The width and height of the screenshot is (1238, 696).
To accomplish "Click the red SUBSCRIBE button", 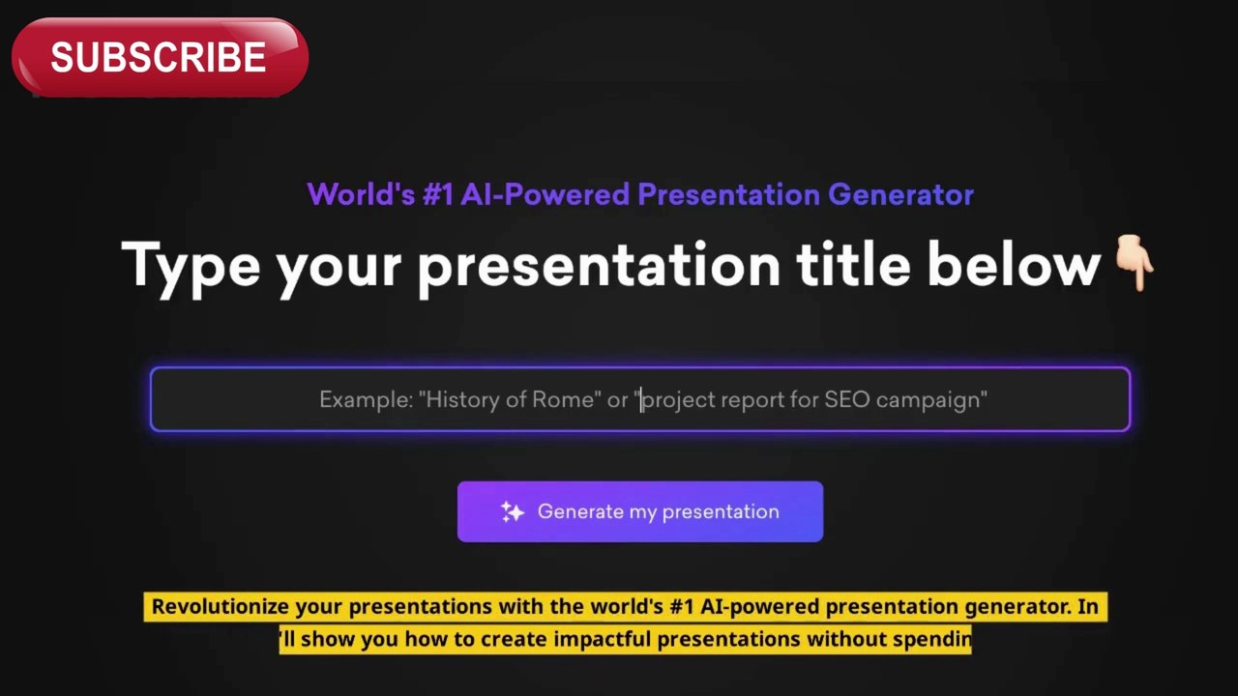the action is [160, 57].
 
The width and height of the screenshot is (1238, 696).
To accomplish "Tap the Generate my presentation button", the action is [640, 511].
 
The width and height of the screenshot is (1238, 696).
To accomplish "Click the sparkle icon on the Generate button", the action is [512, 512].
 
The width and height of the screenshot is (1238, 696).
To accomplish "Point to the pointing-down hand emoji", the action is [1134, 262].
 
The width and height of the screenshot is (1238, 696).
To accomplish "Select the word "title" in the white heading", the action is [853, 264].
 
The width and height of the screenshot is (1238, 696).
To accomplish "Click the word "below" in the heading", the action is [1015, 264].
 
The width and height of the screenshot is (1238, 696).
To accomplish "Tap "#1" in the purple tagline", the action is [438, 194].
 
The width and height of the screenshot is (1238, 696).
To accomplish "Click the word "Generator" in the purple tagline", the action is [900, 194].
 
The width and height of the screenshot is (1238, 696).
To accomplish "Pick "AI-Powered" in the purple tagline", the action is [545, 194].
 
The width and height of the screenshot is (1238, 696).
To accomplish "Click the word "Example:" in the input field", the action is [366, 400].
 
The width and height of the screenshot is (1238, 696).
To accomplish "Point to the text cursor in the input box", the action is [641, 399].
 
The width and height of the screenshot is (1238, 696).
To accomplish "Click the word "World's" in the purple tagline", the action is [361, 194].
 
